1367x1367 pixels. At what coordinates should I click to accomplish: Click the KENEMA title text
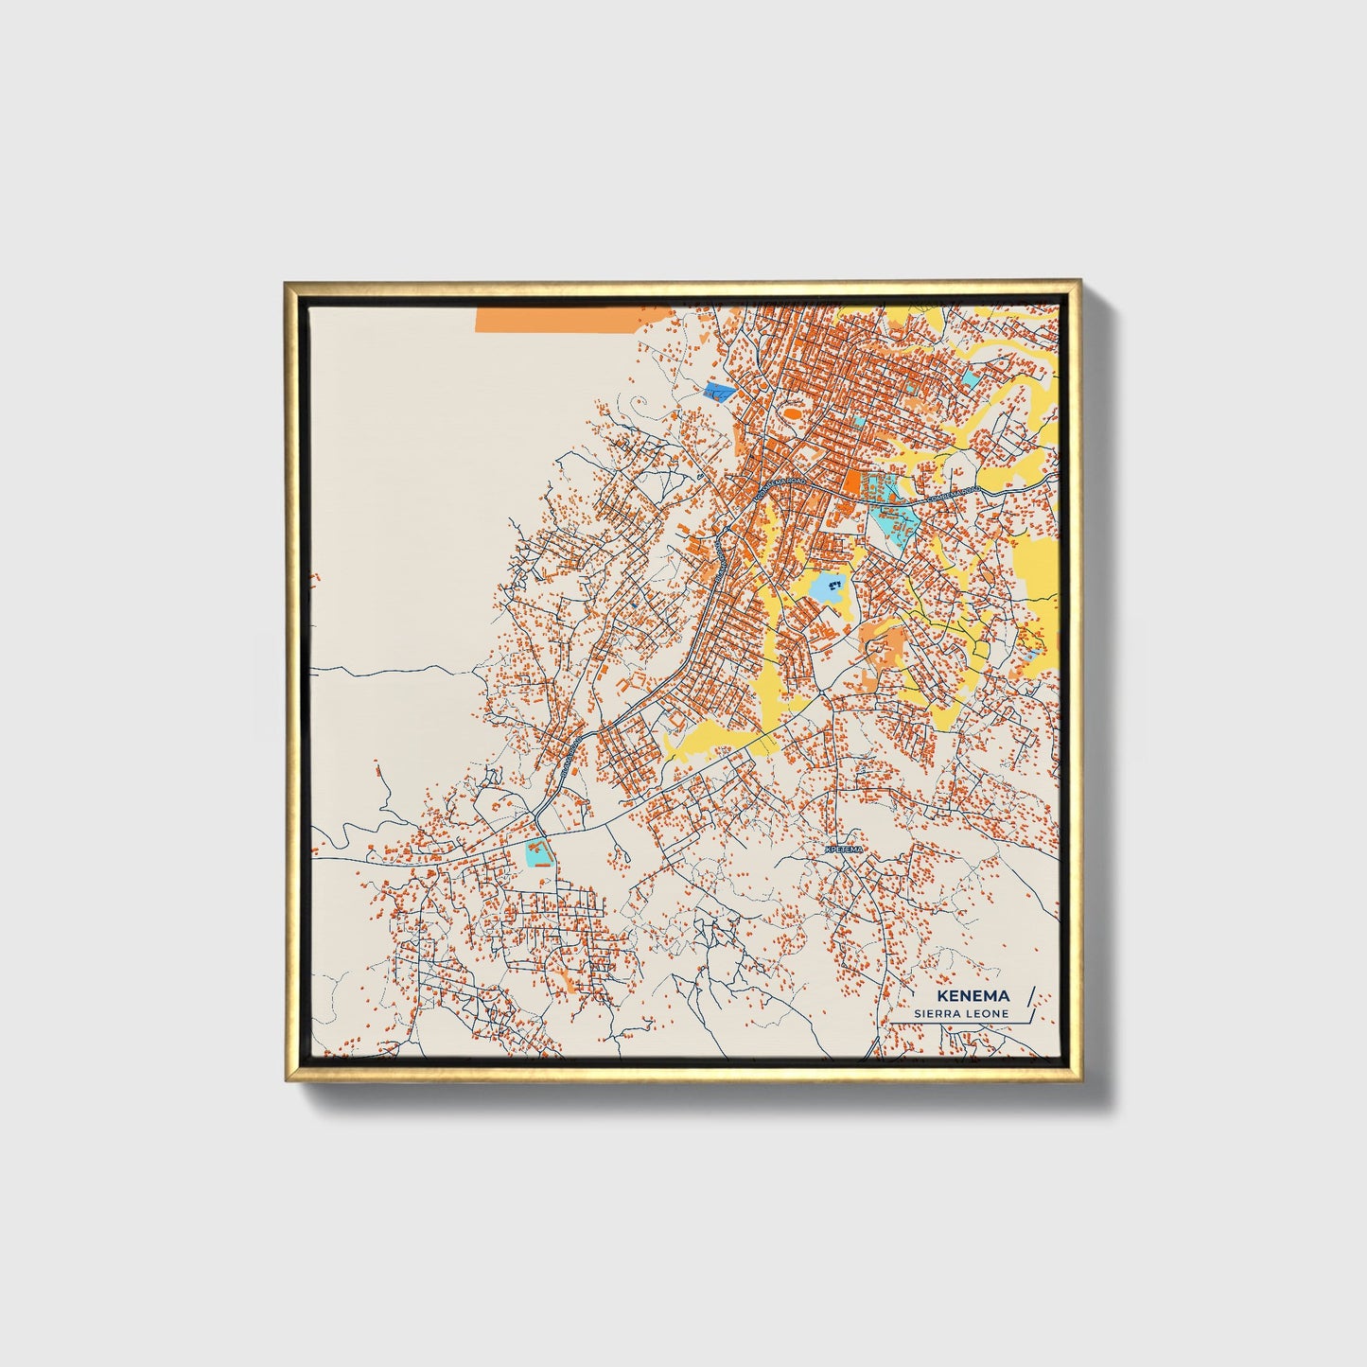coord(973,996)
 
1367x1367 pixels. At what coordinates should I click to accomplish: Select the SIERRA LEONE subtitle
coord(961,1014)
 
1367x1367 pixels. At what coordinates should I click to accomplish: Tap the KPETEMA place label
coord(845,850)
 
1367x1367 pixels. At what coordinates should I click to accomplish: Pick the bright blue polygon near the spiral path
coord(720,393)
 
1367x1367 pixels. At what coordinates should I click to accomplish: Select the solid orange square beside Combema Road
coord(851,482)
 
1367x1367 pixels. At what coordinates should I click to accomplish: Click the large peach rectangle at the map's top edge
coord(573,319)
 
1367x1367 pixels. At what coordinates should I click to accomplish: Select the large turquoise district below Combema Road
coord(893,520)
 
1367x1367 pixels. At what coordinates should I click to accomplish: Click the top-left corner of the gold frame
coord(287,283)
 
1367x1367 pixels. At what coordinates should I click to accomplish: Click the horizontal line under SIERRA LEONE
coord(955,1024)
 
